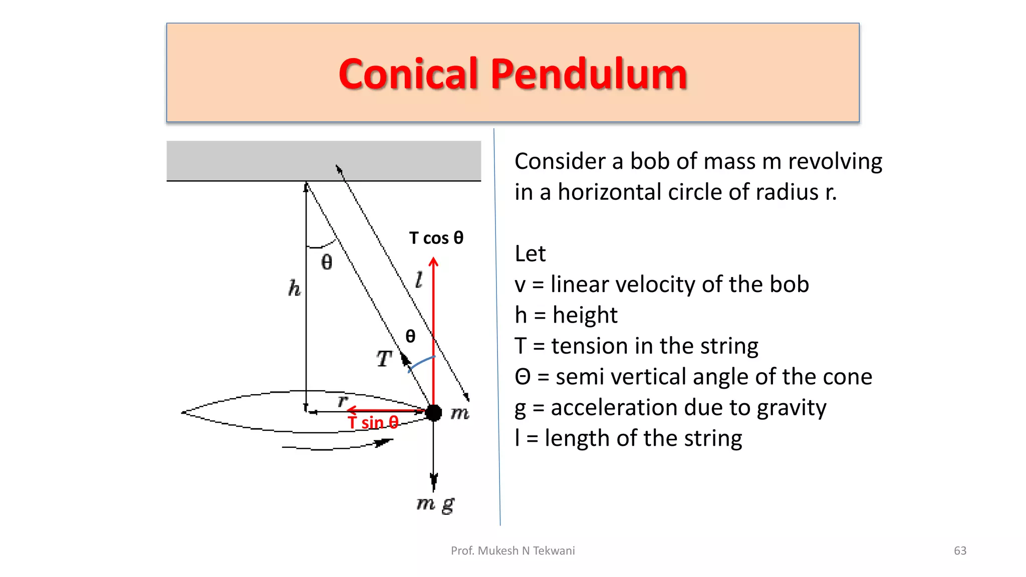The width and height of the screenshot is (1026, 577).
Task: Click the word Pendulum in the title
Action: pyautogui.click(x=589, y=74)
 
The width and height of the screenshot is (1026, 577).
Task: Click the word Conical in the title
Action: pyautogui.click(x=409, y=74)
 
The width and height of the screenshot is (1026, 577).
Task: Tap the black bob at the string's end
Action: pyautogui.click(x=433, y=413)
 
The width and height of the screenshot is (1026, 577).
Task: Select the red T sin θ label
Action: pyautogui.click(x=373, y=423)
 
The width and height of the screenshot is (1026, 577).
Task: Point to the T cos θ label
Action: pyautogui.click(x=436, y=238)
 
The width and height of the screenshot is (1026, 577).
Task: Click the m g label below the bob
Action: pyautogui.click(x=435, y=503)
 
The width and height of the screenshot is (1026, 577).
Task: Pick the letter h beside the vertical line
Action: pyautogui.click(x=295, y=288)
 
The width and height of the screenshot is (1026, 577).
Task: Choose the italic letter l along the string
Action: pyautogui.click(x=419, y=279)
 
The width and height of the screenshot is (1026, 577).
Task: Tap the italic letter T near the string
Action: pyautogui.click(x=384, y=359)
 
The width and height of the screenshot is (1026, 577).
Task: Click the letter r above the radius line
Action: pyautogui.click(x=343, y=401)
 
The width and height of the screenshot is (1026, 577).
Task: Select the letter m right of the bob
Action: pyautogui.click(x=460, y=413)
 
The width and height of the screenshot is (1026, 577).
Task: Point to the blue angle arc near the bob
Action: pyautogui.click(x=421, y=363)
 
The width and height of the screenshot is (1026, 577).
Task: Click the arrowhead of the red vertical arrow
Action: pyautogui.click(x=434, y=261)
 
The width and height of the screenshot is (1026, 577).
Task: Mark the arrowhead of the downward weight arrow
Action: pyautogui.click(x=434, y=482)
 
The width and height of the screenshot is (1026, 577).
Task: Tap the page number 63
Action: pyautogui.click(x=960, y=551)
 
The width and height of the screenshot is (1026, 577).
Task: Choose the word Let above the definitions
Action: pyautogui.click(x=530, y=254)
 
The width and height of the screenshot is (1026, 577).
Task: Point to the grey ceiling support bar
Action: pyautogui.click(x=324, y=160)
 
